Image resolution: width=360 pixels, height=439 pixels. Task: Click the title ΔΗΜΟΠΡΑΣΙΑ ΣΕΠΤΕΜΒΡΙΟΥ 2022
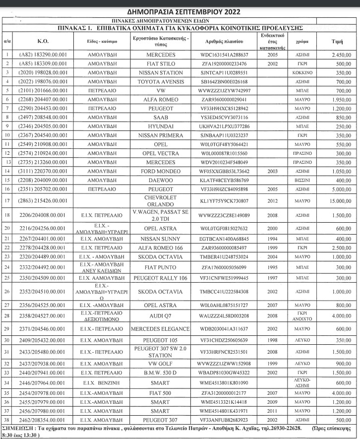(180, 12)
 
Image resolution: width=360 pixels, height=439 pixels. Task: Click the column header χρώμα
(299, 42)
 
